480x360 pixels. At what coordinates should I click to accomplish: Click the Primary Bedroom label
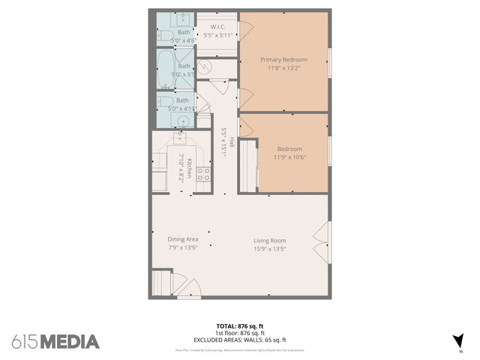pyautogui.click(x=283, y=59)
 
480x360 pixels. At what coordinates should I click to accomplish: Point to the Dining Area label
pyautogui.click(x=182, y=239)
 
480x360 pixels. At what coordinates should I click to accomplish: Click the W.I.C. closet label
pyautogui.click(x=217, y=27)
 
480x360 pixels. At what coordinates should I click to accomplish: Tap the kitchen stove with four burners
pyautogui.click(x=203, y=174)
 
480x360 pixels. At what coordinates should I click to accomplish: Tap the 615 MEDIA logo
pyautogui.click(x=55, y=342)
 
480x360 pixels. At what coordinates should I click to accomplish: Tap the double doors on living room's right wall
pyautogui.click(x=322, y=242)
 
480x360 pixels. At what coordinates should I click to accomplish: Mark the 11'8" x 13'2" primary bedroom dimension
pyautogui.click(x=283, y=68)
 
